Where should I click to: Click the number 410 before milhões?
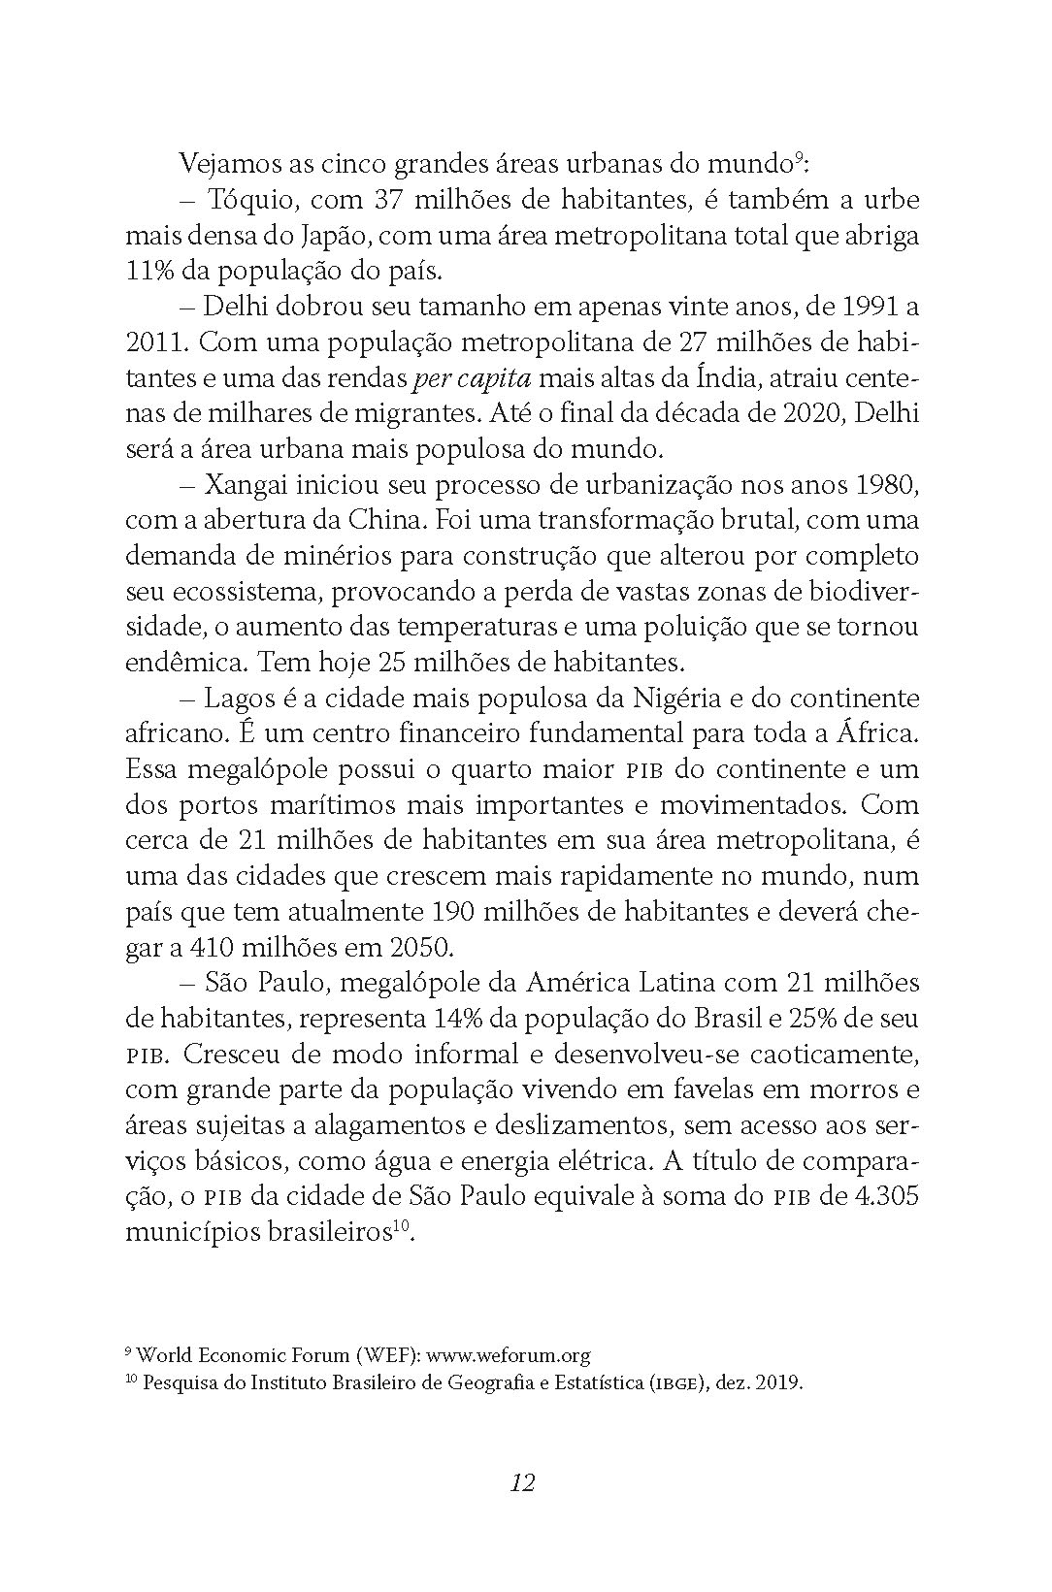208,947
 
